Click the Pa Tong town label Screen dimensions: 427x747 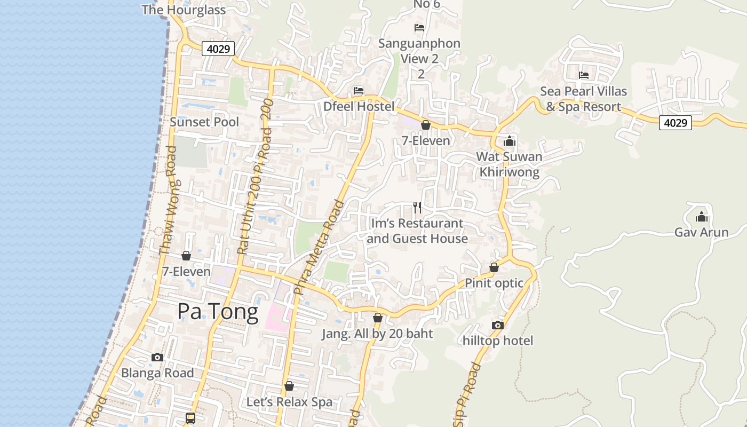[218, 311]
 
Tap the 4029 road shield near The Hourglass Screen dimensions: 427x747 [218, 49]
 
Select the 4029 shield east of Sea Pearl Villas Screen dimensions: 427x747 [675, 123]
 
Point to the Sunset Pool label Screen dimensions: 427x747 [204, 122]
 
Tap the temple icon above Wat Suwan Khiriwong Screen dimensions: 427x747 [510, 141]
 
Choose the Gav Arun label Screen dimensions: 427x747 [701, 232]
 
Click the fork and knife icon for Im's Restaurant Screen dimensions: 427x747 [417, 207]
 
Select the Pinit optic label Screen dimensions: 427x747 [494, 283]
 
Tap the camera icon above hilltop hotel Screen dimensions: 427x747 [497, 325]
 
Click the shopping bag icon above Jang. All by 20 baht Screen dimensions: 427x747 [378, 318]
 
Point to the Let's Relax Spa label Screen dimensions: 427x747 [289, 402]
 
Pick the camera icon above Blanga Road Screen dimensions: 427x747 [157, 357]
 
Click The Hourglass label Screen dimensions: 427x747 [184, 10]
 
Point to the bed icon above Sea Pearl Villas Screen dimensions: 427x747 [584, 75]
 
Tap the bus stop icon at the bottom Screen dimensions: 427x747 [190, 418]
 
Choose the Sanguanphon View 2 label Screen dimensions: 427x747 [419, 51]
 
